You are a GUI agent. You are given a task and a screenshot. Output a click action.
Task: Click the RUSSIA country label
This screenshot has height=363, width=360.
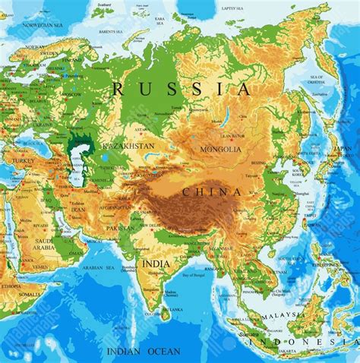pos(181,89)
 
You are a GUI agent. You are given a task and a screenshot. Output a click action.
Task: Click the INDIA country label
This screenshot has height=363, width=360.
pos(156,264)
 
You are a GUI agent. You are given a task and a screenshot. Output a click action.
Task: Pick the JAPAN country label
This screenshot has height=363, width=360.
pos(344,148)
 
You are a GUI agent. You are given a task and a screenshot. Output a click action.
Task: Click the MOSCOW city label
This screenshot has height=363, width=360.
pos(73,94)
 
